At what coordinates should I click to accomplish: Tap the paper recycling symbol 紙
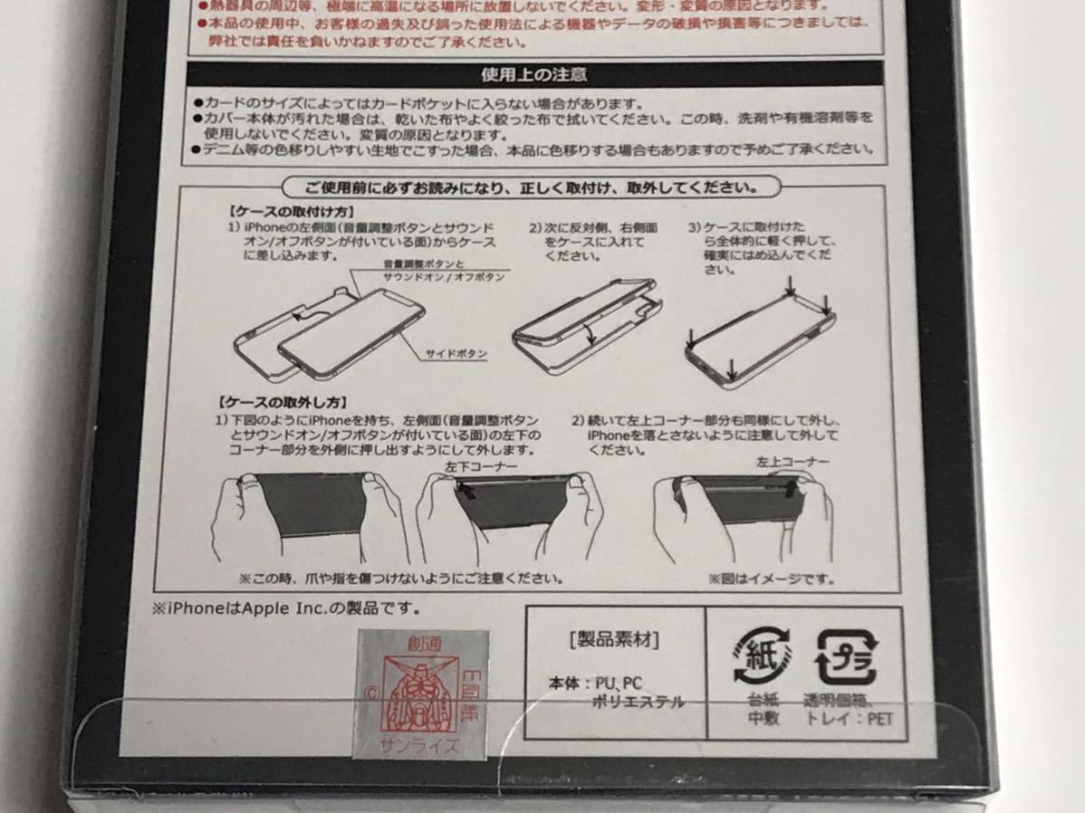[762, 655]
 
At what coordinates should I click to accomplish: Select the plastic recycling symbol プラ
[846, 655]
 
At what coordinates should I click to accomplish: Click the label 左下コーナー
[481, 465]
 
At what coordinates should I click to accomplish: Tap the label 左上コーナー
[792, 462]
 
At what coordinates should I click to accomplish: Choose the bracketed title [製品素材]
[614, 640]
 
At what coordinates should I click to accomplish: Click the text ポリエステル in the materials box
[638, 702]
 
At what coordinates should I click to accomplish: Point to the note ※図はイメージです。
[771, 579]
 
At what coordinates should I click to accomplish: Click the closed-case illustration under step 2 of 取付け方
[585, 320]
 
